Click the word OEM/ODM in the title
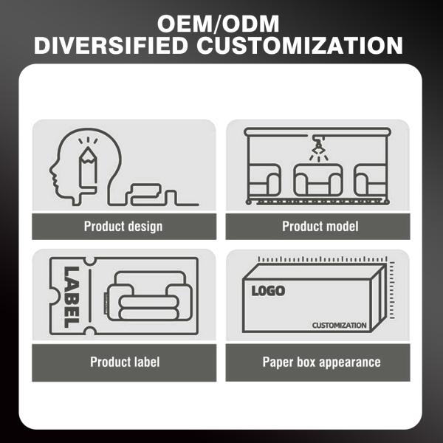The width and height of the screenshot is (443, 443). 221,18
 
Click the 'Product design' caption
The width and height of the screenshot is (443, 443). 123,226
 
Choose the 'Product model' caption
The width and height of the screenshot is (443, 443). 320,226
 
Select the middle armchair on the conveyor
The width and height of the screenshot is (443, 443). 318,180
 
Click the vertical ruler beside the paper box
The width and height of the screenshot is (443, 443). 391,292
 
